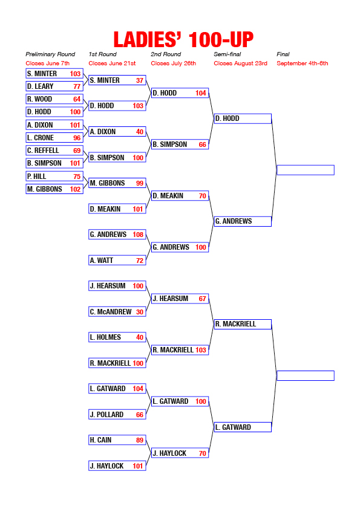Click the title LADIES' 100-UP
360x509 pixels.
pos(183,40)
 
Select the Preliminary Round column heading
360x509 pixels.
pos(50,54)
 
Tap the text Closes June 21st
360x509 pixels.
pos(112,63)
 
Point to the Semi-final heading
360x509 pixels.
pos(227,54)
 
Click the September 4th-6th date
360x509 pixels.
pos(302,63)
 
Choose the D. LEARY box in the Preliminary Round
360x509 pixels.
pos(54,86)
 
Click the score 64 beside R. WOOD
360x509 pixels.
pos(77,99)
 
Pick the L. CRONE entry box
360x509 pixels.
pos(54,138)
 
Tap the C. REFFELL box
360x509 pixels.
pos(54,151)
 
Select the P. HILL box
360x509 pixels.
pos(54,177)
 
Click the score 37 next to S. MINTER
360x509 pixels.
pos(140,80)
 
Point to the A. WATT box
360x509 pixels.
pos(117,261)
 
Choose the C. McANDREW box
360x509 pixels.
pos(117,312)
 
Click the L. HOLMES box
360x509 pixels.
pos(117,337)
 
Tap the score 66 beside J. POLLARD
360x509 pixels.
pos(140,415)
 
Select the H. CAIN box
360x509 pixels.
pos(117,440)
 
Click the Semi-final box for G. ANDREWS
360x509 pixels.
pos(243,221)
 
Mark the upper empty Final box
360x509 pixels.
pos(306,170)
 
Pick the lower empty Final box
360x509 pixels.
pos(306,375)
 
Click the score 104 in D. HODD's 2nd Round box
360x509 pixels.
pos(201,93)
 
